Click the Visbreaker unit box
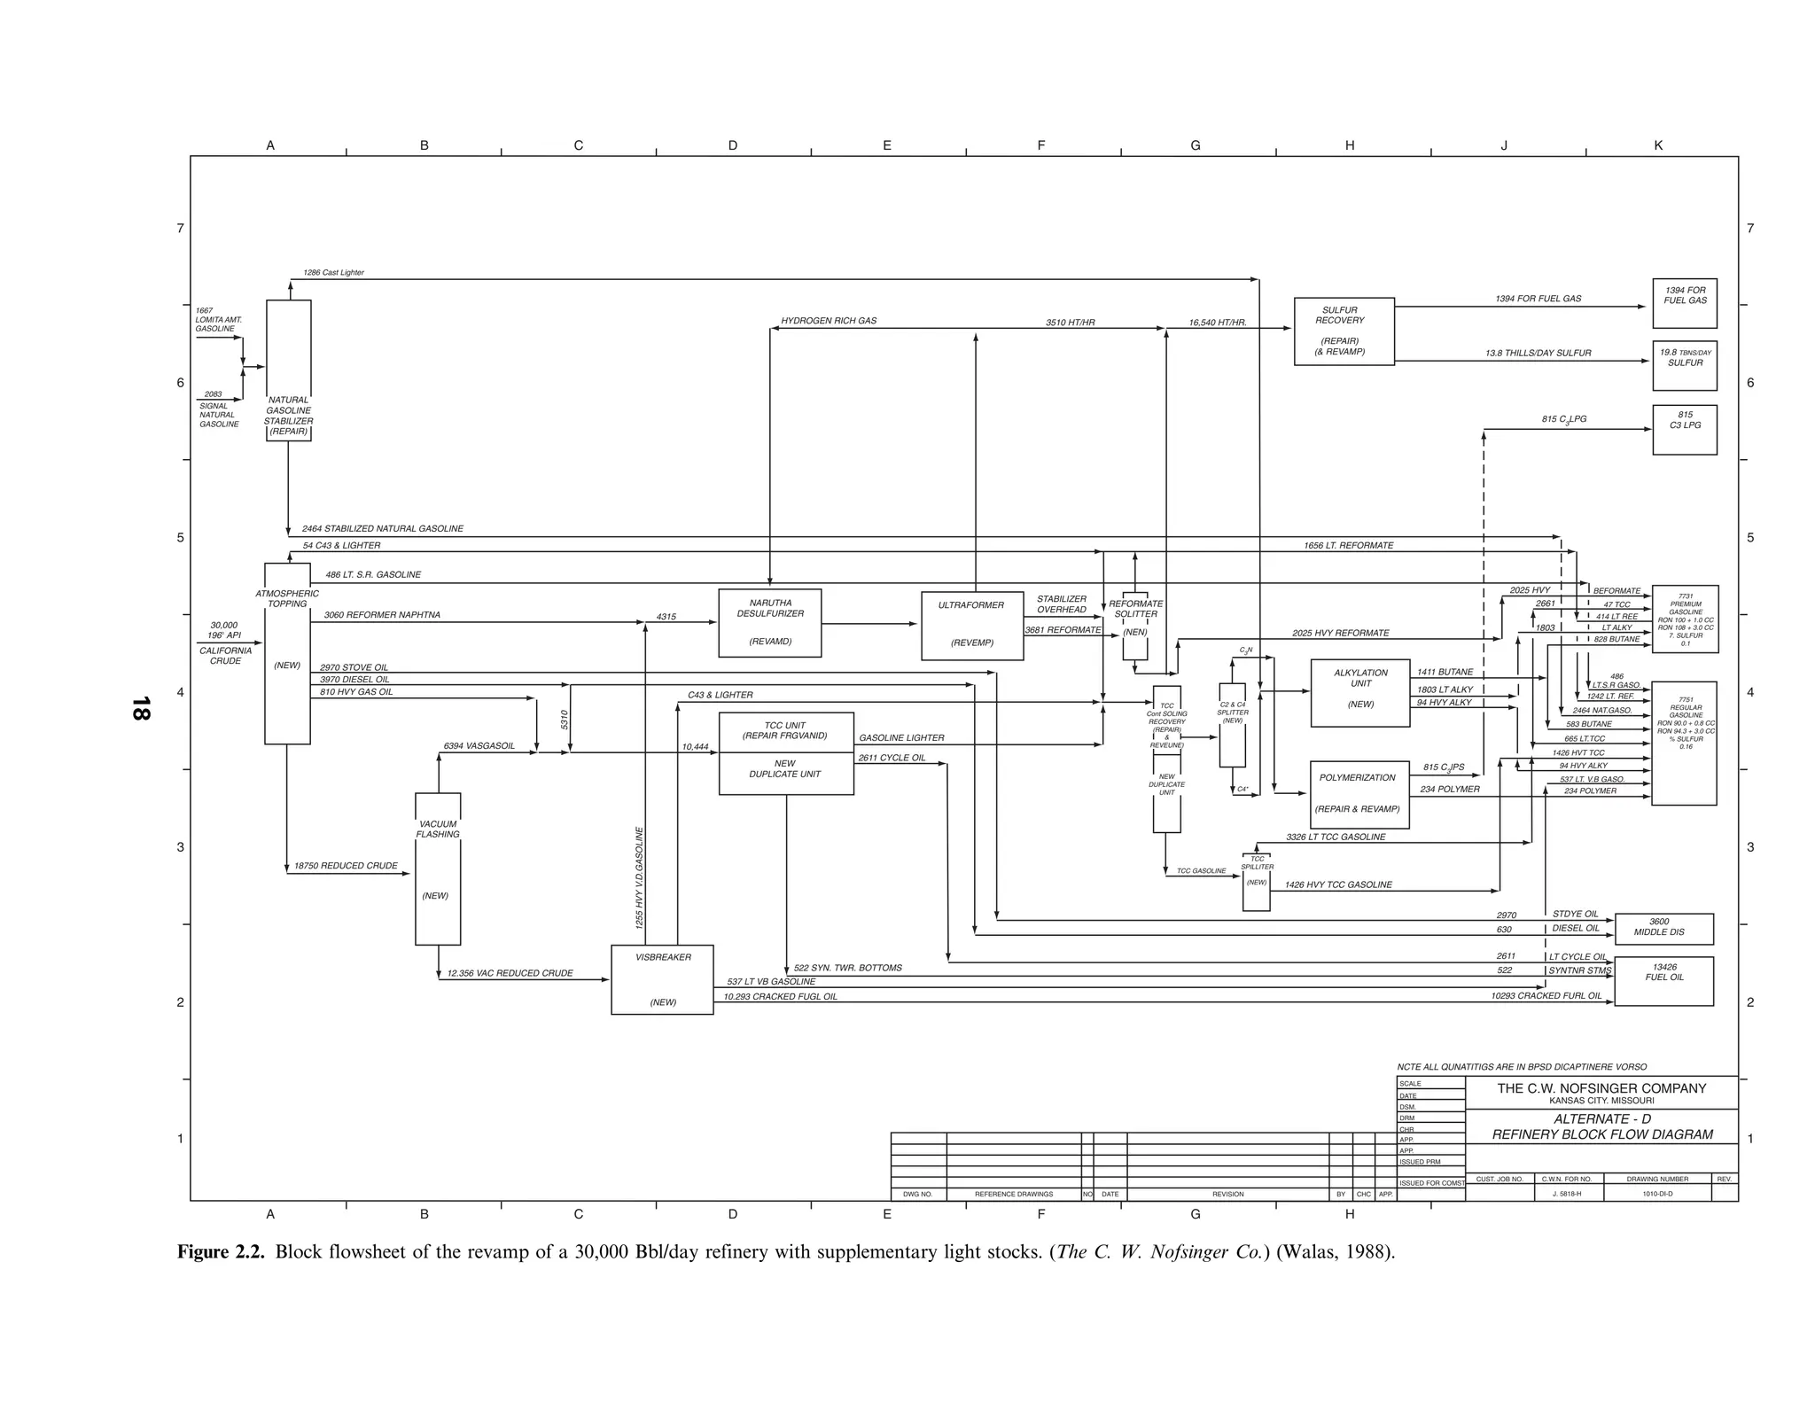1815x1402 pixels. (662, 979)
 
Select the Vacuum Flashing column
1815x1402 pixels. (438, 868)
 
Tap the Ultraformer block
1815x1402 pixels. (972, 626)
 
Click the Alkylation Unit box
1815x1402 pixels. (1360, 693)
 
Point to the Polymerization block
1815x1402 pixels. (1359, 794)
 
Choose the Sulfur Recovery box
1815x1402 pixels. (1344, 331)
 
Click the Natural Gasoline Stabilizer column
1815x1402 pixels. (289, 370)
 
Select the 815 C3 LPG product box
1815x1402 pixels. (1684, 430)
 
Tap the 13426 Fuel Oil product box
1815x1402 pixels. (1663, 980)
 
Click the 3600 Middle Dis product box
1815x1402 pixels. (1663, 928)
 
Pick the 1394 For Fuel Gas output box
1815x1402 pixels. (1684, 303)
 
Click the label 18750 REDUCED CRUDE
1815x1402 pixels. (346, 866)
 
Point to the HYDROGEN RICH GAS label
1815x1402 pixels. (829, 321)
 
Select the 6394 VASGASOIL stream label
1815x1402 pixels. (479, 746)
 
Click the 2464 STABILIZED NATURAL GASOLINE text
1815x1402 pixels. (383, 529)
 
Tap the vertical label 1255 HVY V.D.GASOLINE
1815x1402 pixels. (639, 877)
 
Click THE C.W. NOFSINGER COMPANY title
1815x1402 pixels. (1601, 1088)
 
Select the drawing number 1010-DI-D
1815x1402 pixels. (1656, 1194)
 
